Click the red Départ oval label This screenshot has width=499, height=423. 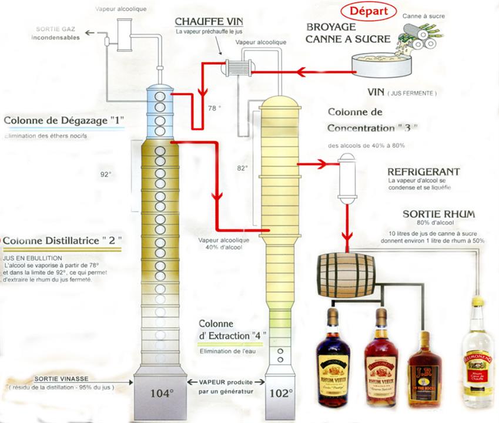tap(369, 12)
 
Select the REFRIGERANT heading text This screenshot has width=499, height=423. tap(423, 172)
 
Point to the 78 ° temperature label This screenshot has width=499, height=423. tap(214, 108)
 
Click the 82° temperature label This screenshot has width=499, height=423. tap(242, 167)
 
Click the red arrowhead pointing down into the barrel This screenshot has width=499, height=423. tap(349, 238)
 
